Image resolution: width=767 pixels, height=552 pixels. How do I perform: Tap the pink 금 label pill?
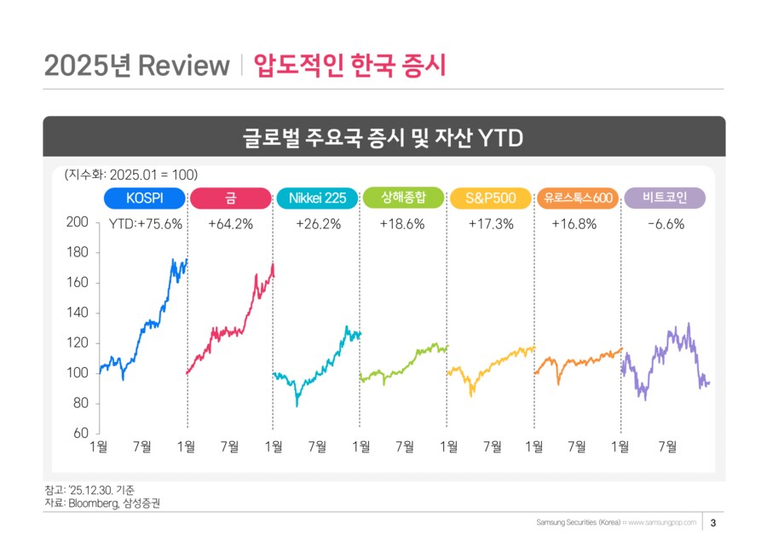tap(231, 198)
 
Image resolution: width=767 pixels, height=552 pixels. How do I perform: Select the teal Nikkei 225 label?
tap(317, 198)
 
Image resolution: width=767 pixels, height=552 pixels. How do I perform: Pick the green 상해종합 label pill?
tap(403, 198)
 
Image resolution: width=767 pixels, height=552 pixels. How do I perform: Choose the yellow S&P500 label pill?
tap(491, 198)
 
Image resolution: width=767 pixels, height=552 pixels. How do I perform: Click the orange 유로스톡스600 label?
tap(578, 198)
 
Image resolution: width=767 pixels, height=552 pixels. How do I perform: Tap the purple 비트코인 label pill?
tap(665, 198)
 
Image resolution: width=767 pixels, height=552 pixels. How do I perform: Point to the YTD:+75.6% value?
tap(146, 225)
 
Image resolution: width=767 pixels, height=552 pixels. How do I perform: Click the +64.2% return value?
tap(231, 225)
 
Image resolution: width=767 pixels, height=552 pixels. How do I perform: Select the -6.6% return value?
tap(666, 225)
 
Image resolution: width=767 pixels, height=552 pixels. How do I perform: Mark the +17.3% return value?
tap(491, 225)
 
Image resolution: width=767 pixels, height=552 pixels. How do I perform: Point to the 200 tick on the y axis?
tap(78, 222)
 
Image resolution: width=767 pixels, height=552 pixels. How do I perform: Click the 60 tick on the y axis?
tap(81, 434)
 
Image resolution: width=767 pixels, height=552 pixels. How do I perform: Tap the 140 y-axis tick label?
tap(78, 313)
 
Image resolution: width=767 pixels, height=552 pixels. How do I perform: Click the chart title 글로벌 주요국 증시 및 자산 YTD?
tap(383, 137)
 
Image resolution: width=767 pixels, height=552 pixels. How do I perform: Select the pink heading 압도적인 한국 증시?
tap(349, 66)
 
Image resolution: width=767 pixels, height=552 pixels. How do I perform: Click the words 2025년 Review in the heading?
tap(137, 66)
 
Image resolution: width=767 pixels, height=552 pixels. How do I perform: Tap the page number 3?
tap(713, 522)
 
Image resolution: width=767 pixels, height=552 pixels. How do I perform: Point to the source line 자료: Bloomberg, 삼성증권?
tap(101, 503)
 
